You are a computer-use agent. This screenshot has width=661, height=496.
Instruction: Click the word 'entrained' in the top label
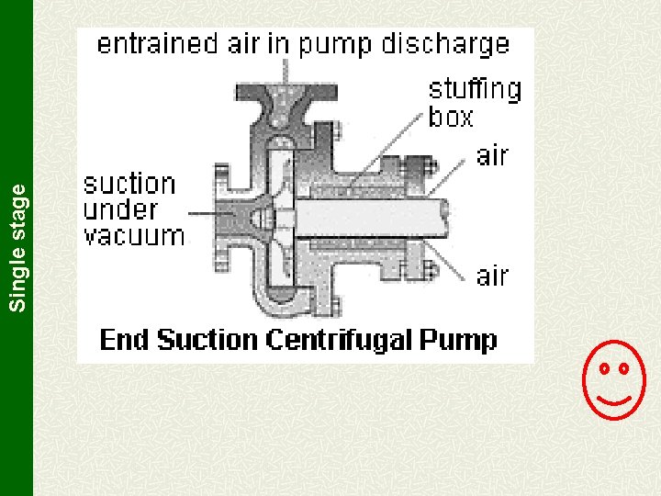(x=158, y=43)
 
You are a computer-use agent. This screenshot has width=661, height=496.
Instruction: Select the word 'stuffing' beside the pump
(x=475, y=89)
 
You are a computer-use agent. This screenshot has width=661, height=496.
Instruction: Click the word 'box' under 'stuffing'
(x=451, y=117)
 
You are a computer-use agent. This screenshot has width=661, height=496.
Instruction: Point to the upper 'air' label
(x=493, y=155)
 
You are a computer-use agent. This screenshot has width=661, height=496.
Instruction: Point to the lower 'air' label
(x=493, y=275)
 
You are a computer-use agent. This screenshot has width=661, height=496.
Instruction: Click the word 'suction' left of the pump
(x=129, y=185)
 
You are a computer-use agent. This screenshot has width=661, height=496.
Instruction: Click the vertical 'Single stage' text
(x=17, y=245)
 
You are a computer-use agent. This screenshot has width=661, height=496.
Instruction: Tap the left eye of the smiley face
(x=605, y=368)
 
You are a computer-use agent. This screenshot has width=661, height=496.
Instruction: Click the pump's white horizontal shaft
(x=367, y=219)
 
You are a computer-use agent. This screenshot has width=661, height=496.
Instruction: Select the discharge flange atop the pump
(x=286, y=92)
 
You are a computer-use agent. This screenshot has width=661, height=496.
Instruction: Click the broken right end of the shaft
(x=448, y=217)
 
